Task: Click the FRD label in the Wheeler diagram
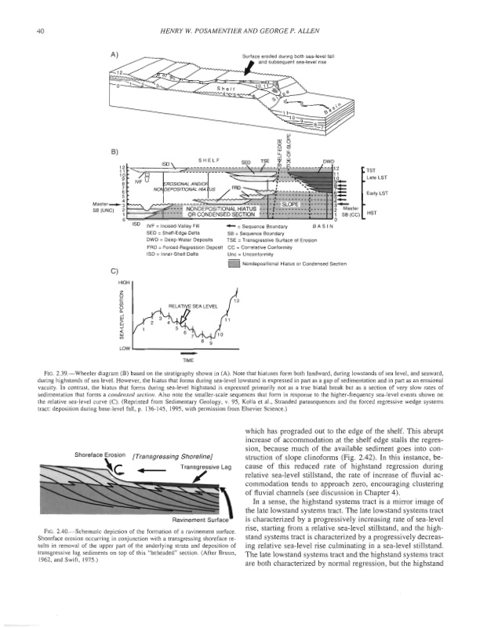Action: [x=235, y=189]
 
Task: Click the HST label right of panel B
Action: [x=371, y=213]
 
